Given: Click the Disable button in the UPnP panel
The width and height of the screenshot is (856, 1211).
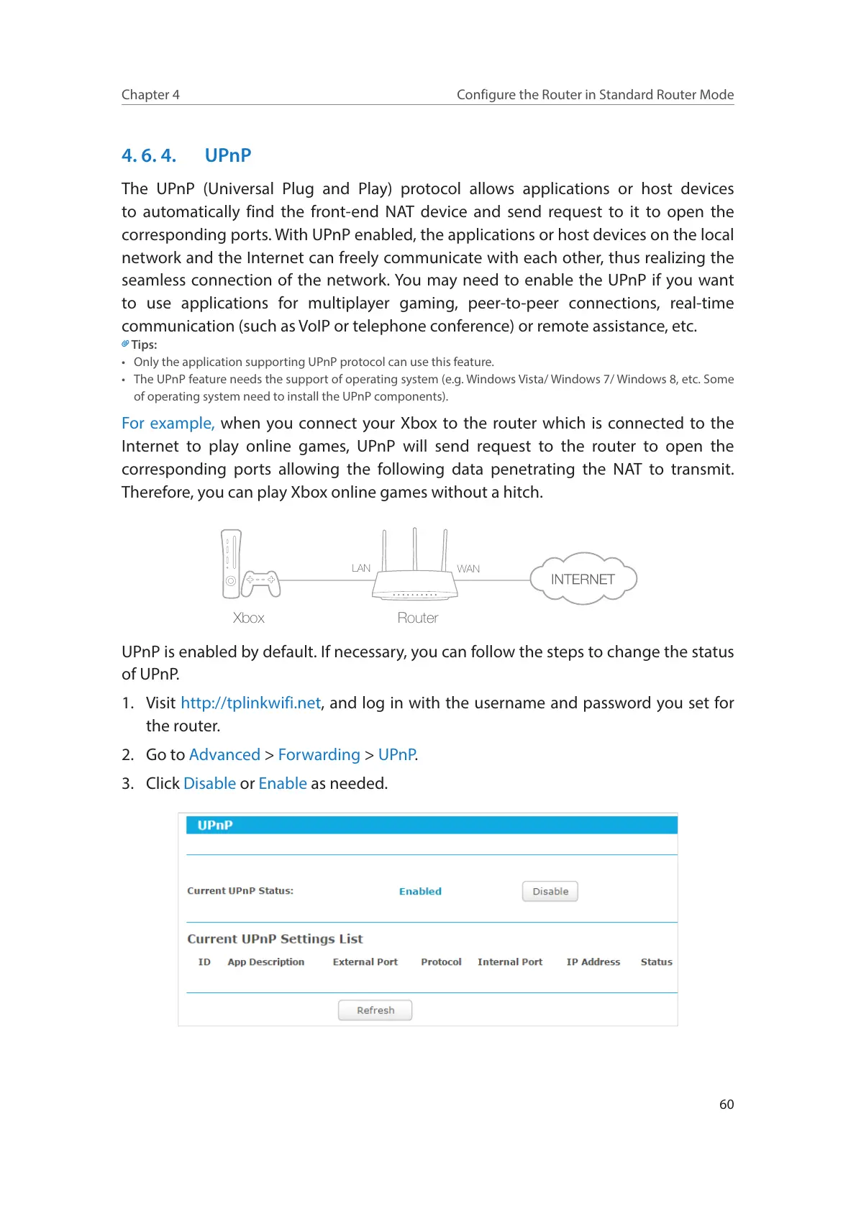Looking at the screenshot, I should pyautogui.click(x=550, y=891).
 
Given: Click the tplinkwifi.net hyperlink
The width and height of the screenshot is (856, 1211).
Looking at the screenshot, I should pyautogui.click(x=250, y=703).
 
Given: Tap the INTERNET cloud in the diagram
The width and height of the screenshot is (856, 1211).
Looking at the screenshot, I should pyautogui.click(x=583, y=579).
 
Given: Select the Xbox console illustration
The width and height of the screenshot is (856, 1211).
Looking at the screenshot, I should pyautogui.click(x=231, y=565).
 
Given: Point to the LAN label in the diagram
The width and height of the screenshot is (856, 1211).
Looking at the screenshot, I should pyautogui.click(x=361, y=568).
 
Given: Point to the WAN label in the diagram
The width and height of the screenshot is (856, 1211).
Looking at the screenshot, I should pyautogui.click(x=468, y=569).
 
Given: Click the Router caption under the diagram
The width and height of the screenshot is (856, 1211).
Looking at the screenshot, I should pyautogui.click(x=417, y=618).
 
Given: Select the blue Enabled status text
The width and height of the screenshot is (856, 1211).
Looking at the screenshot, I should pyautogui.click(x=420, y=891).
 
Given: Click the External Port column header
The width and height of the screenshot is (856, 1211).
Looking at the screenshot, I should pyautogui.click(x=365, y=961).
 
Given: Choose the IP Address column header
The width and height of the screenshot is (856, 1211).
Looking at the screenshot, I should pyautogui.click(x=593, y=961).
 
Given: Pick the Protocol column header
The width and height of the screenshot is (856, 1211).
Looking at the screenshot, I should pyautogui.click(x=441, y=961).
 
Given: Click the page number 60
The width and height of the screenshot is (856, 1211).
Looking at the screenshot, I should pyautogui.click(x=727, y=1104).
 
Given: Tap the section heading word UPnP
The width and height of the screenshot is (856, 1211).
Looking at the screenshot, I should pyautogui.click(x=228, y=155).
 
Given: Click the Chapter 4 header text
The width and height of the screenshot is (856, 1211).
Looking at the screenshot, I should pyautogui.click(x=150, y=95).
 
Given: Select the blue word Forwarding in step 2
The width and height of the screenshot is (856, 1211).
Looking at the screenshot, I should pyautogui.click(x=319, y=754).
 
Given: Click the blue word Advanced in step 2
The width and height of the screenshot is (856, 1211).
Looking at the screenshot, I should pyautogui.click(x=224, y=754).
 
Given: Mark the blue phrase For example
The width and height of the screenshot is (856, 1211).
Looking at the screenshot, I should pyautogui.click(x=168, y=423).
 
